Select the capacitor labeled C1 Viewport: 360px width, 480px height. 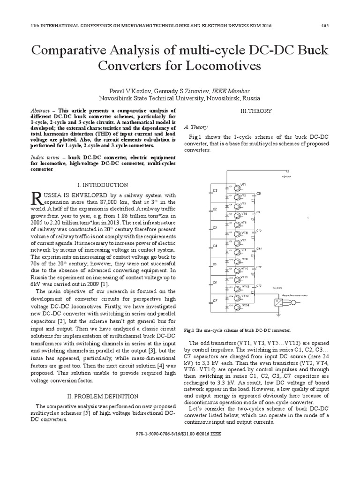click(215, 191)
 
